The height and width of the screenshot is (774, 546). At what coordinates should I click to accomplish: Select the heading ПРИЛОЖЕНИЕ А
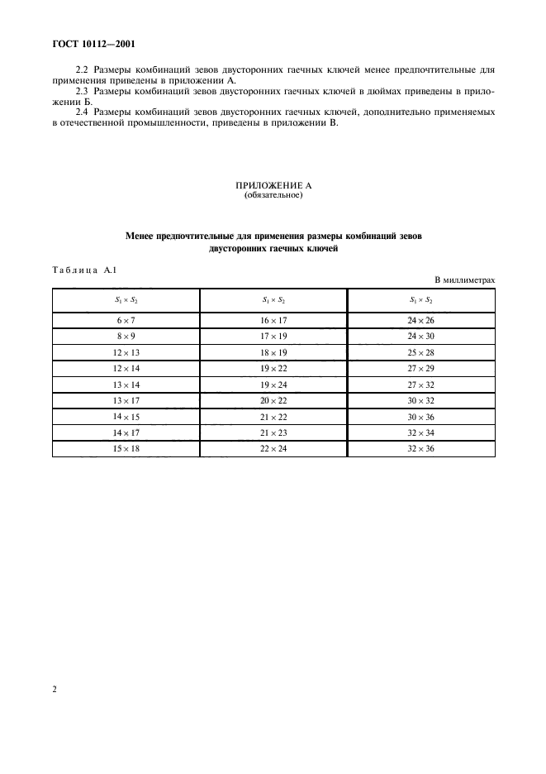(x=273, y=186)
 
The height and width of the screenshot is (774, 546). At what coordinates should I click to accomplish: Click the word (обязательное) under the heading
(x=273, y=196)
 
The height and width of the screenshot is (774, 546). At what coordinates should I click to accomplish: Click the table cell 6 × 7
(x=126, y=320)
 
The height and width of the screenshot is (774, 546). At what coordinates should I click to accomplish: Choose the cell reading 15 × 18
(x=126, y=448)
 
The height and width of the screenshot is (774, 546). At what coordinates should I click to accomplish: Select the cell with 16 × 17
(x=273, y=320)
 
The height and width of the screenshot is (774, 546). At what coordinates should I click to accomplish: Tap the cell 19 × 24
(x=273, y=385)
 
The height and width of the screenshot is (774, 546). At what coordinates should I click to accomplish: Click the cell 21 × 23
(x=273, y=432)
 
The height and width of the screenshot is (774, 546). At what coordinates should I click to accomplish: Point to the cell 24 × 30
(x=421, y=337)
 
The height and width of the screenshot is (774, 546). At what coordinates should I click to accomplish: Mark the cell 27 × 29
(x=421, y=368)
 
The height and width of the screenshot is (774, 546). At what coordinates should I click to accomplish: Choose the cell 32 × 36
(x=421, y=448)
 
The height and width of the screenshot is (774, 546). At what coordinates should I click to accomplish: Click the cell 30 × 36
(x=421, y=416)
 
